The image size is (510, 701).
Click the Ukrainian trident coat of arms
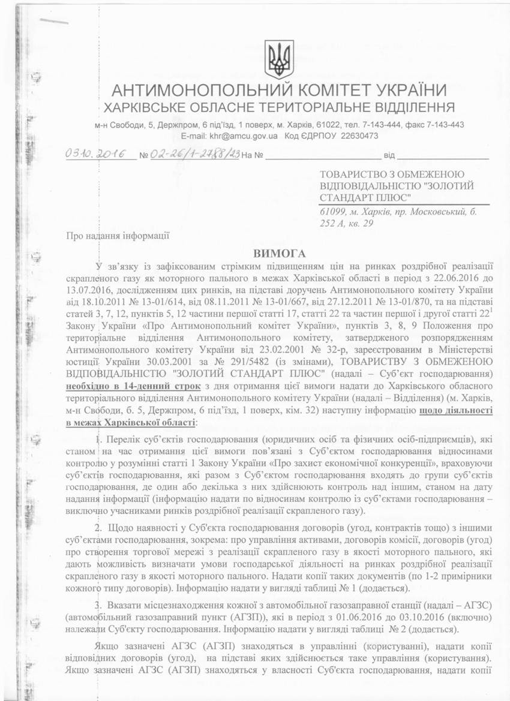pyautogui.click(x=279, y=59)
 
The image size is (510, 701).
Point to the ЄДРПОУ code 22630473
pyautogui.click(x=357, y=136)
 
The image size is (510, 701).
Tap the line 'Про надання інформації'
pyautogui.click(x=118, y=236)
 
